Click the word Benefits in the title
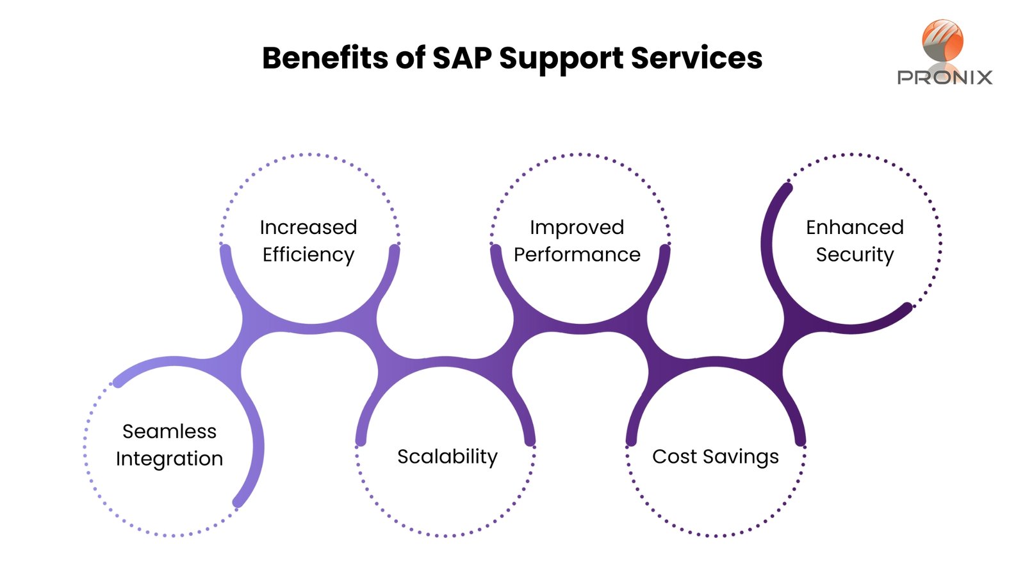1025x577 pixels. point(325,58)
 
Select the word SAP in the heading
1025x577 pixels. point(461,58)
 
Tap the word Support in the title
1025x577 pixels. point(561,60)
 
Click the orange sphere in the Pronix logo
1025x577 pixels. point(942,40)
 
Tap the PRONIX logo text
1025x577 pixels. point(945,78)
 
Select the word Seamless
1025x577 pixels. point(169,431)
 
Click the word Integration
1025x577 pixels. point(169,459)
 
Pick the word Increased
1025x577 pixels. point(308,227)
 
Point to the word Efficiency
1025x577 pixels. point(308,255)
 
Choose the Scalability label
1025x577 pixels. point(447,457)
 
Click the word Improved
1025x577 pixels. point(577,228)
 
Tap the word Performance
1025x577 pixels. point(577,255)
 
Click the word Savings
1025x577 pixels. point(741,458)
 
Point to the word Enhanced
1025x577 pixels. point(855,227)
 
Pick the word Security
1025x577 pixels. point(855,255)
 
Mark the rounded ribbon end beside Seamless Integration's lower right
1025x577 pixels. point(238,502)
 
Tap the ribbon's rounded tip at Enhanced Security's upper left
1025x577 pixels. point(787,188)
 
